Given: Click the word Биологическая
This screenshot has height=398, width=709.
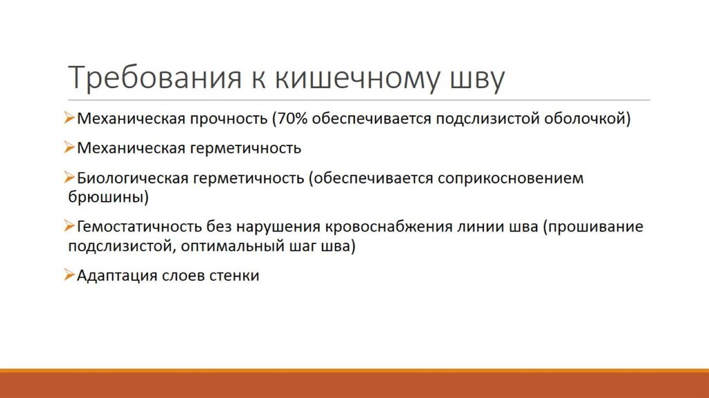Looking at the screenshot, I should tap(132, 178).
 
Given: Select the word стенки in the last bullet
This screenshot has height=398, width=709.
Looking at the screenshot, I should tap(236, 275).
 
